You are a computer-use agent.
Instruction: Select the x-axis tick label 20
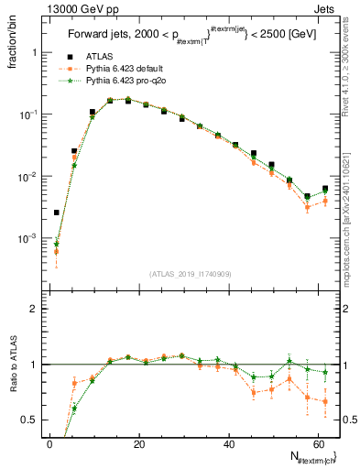click(138, 444)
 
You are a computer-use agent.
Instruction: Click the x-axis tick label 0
click(49, 444)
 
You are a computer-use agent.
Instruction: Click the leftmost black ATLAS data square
click(57, 213)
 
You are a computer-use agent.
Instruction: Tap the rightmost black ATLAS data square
click(325, 189)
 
